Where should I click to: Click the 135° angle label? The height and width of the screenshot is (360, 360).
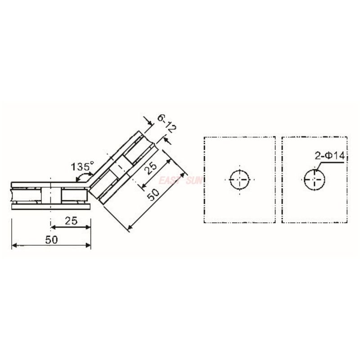pos(81,166)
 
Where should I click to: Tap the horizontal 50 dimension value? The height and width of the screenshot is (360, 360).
pos(52,239)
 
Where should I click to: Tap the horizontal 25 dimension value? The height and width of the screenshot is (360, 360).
pos(71,220)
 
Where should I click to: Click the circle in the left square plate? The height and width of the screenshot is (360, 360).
pos(239,180)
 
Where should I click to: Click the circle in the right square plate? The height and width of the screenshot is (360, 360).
pos(314,180)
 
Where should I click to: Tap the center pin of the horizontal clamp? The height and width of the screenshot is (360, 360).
pos(52,194)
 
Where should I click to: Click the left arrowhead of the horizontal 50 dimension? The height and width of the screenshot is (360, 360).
pos(14,245)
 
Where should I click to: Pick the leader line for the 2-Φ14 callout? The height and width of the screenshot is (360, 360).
pos(331,163)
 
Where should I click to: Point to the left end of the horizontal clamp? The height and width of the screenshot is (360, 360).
pos(12,194)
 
